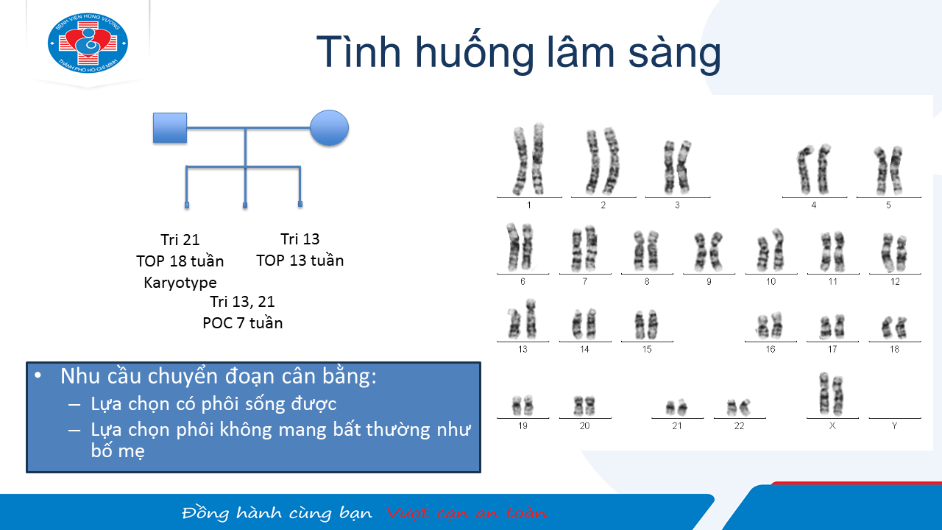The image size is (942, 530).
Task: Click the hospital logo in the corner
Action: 88,43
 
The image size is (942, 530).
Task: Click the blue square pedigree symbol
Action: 170,128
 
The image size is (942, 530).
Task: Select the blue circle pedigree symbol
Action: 329,128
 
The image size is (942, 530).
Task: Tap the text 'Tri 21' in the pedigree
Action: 180,240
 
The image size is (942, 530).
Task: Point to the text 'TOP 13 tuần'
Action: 300,261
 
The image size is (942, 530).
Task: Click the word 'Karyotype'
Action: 180,283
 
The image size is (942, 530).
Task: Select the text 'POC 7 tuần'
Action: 243,323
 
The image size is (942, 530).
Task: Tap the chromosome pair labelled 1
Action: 529,159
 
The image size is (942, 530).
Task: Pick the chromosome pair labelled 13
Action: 523,319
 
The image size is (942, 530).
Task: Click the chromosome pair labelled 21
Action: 676,407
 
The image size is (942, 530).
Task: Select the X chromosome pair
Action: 832,394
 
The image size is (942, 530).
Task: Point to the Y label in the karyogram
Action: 894,425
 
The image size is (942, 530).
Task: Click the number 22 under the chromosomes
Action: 739,425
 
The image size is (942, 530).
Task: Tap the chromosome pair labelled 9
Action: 709,252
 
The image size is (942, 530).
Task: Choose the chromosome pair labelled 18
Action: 894,328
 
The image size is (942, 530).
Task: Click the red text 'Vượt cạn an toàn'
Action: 466,513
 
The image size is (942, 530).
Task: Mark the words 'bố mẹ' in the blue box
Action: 118,451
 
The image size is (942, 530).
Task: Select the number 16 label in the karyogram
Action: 770,349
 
